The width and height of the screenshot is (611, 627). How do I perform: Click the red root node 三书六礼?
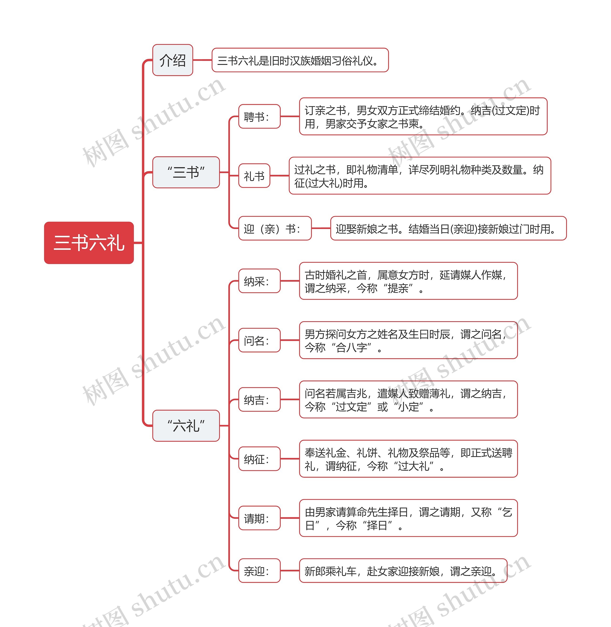pos(89,243)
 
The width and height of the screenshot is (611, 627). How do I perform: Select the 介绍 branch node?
pos(173,60)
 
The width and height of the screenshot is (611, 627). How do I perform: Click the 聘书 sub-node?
pos(259,116)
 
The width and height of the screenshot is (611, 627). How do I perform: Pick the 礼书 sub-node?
pos(254,176)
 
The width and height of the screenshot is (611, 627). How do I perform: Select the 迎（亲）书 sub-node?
pos(275,228)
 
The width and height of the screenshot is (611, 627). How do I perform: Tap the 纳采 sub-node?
pos(259,281)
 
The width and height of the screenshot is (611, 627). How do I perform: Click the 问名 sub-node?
pos(259,340)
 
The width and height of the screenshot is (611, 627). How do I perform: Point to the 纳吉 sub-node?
pos(259,400)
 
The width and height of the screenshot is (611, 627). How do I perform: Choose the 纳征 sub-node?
pos(259,459)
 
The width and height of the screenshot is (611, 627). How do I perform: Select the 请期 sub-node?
pos(259,518)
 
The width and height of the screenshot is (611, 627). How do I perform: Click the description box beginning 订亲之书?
pos(423,116)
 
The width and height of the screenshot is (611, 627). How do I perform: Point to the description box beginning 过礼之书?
pos(420,176)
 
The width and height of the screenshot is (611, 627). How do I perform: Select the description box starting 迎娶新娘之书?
pos(448,228)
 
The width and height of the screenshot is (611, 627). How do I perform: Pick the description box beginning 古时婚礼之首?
pos(408,281)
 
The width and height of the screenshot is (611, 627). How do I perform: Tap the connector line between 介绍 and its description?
pos(202,60)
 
